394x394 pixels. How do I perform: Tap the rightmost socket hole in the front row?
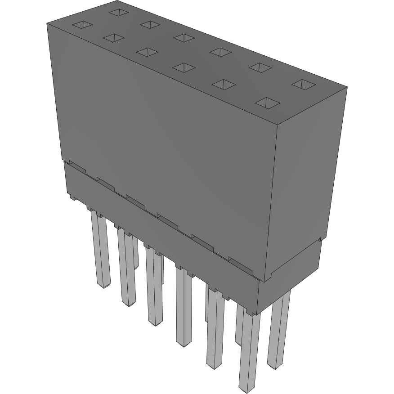coord(267,103)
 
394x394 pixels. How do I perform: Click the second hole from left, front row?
coord(113,38)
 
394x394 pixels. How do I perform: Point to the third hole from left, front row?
coord(147,52)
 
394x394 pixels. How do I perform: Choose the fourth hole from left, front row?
coord(184,67)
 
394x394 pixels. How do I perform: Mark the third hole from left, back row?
coord(184,38)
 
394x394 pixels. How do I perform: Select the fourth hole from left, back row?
coord(220,52)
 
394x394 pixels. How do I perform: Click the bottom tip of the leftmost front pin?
coord(103,286)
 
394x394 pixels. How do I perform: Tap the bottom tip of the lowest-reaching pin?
coord(246,387)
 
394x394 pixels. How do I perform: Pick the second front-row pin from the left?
coord(127,270)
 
